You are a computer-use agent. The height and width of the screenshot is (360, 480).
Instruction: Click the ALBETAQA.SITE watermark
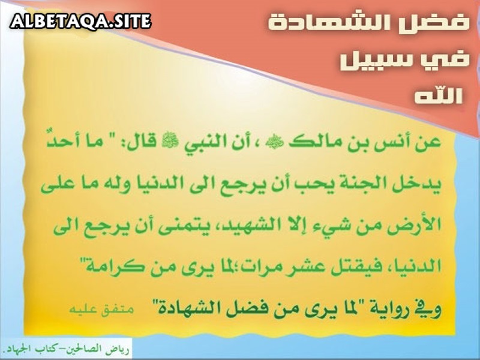(x=80, y=22)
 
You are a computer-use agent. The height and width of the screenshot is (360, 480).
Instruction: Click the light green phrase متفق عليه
(x=101, y=309)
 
